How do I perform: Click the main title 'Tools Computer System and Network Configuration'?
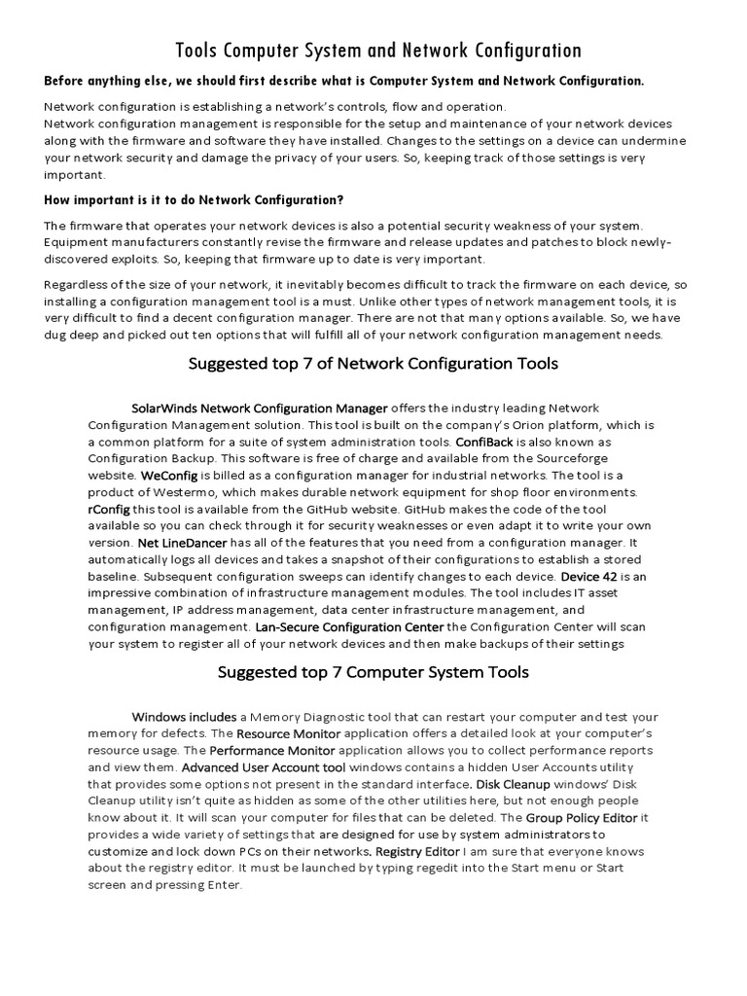point(378,51)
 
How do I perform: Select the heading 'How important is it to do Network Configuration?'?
point(194,200)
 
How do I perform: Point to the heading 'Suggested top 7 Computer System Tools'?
point(373,672)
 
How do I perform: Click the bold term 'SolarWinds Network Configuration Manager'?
point(259,408)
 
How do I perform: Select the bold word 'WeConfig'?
point(168,477)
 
